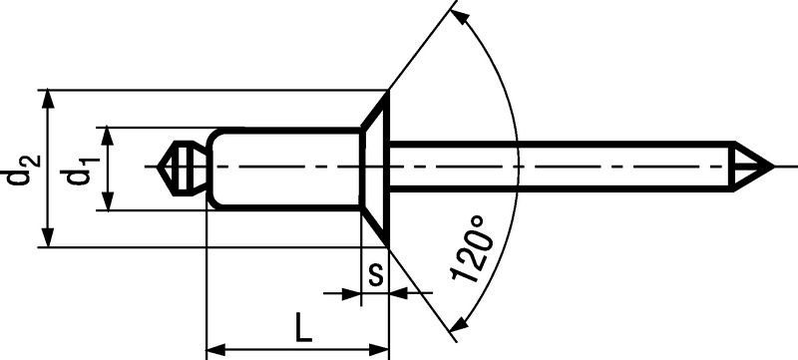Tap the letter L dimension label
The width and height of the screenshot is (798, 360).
point(303,327)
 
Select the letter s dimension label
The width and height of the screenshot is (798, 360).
point(375,275)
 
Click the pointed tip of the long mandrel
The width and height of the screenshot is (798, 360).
point(773,167)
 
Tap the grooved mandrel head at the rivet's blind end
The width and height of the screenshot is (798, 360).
point(183,168)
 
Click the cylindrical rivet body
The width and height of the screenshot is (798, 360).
point(285,169)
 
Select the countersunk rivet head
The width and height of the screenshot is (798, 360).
point(376,168)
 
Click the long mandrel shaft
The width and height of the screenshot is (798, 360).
point(560,167)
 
